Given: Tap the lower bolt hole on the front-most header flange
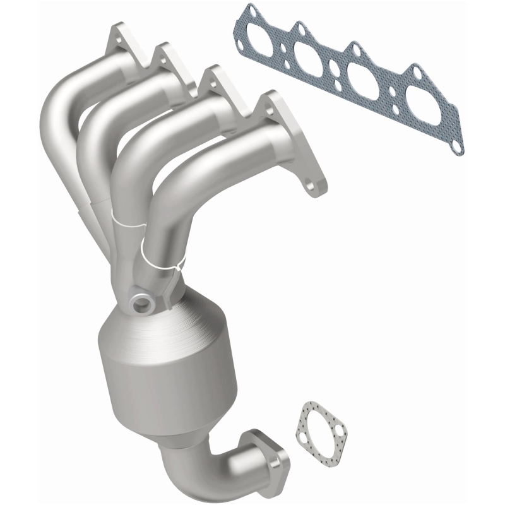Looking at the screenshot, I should coord(311,187).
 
